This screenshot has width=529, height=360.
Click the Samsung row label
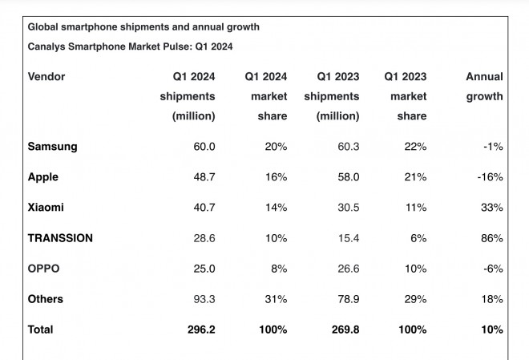tap(53, 146)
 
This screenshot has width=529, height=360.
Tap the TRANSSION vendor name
tap(60, 238)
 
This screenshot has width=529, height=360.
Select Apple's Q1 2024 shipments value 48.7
tap(200, 176)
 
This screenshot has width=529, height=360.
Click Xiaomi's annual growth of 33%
tap(492, 207)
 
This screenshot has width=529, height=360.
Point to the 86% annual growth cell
tap(492, 238)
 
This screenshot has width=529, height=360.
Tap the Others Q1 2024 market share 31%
tap(276, 299)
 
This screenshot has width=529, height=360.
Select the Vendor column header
tap(46, 77)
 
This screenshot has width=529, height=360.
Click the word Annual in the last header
tap(484, 77)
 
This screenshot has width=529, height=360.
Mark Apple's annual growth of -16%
tap(490, 176)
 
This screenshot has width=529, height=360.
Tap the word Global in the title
tap(45, 26)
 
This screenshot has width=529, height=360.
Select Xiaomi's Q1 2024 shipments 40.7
tap(200, 207)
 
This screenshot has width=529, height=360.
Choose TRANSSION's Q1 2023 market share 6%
tap(418, 238)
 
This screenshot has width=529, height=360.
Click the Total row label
tap(42, 330)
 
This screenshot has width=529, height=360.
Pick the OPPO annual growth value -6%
tap(492, 269)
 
